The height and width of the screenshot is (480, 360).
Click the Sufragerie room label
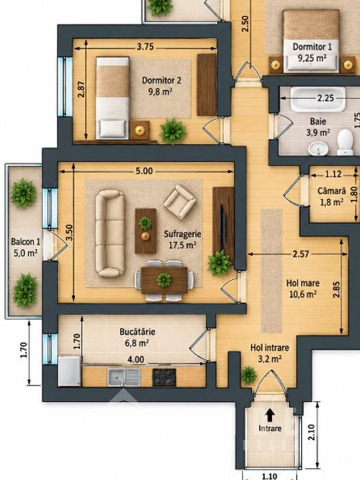point(183,234)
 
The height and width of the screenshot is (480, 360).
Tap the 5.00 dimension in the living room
point(144,171)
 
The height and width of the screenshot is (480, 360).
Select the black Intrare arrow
point(270,416)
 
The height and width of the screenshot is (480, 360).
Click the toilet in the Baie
point(345,142)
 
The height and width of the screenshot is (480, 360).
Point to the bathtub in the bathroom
point(318,99)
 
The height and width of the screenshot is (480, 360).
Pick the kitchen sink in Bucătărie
point(124,377)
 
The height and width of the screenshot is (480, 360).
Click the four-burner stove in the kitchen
point(164,377)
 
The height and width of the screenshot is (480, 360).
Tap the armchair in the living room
point(180,201)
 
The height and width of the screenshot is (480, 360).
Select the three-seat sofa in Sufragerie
point(110,233)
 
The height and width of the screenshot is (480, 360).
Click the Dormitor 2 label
point(162,80)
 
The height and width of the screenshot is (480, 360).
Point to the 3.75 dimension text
point(145,47)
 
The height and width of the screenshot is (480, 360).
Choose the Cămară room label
point(332,191)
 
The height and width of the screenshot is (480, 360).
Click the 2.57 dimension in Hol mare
point(301,254)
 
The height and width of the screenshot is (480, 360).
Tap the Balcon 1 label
point(26,242)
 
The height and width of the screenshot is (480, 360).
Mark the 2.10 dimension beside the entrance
point(312,432)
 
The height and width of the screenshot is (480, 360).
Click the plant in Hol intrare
point(249,375)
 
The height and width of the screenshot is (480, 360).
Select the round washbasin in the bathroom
point(319,149)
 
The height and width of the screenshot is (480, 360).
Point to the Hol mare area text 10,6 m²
point(303,294)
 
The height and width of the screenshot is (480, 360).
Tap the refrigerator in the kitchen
point(70,371)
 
